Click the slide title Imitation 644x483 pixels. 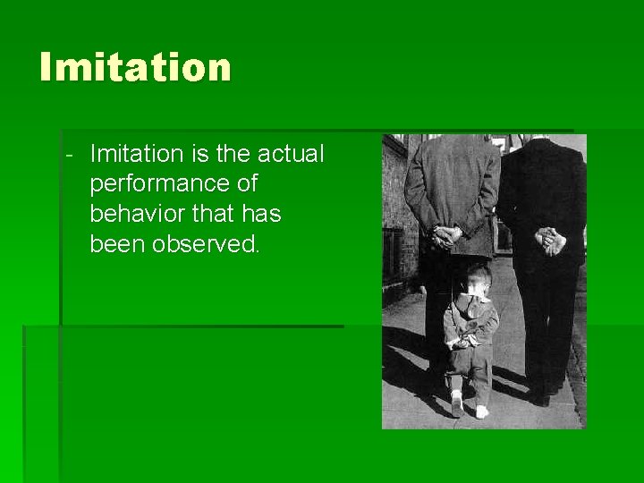point(135,68)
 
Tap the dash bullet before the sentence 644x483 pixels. point(69,154)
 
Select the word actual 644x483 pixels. point(292,154)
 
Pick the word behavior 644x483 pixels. point(135,214)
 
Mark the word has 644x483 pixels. point(261,214)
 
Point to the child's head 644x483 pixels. point(478,281)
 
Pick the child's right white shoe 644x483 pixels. point(482,411)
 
